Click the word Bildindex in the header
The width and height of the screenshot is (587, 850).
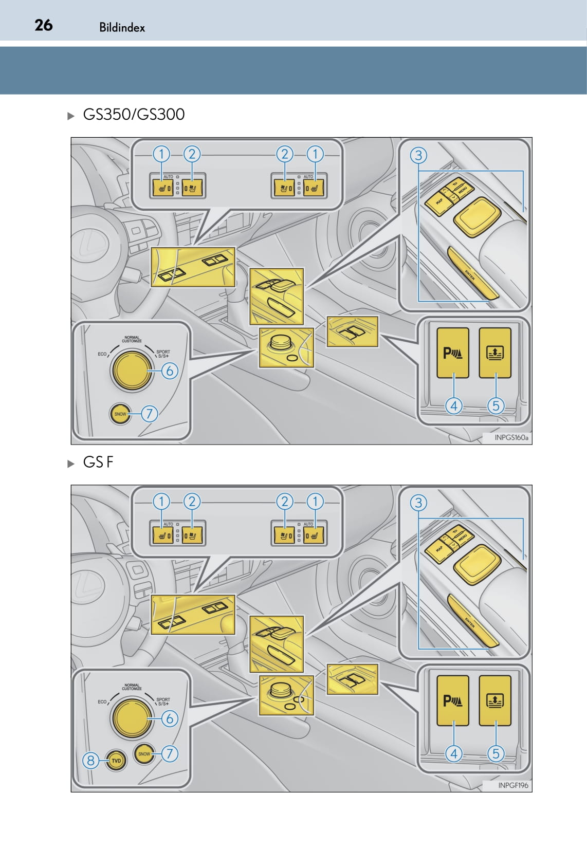tap(122, 28)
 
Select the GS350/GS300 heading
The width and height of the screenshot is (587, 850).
tap(134, 114)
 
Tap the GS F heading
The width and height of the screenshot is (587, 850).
tap(98, 462)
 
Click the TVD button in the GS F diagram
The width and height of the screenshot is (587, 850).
tap(116, 761)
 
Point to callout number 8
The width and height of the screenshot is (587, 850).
tap(90, 760)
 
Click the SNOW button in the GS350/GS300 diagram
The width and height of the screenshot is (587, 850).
tap(120, 414)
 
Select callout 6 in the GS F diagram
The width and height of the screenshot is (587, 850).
tap(170, 718)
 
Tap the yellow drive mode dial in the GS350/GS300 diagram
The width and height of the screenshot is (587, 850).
tap(132, 370)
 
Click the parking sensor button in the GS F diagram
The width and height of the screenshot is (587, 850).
tap(453, 700)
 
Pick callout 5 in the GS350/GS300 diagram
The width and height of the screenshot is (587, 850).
tap(496, 405)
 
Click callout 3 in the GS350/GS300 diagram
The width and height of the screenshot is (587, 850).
tap(418, 155)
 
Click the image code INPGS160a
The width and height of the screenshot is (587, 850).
tap(511, 437)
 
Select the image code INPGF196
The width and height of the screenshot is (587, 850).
tap(513, 785)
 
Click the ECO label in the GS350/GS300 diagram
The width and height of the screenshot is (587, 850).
tap(102, 354)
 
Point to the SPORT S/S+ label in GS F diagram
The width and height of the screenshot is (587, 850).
tap(163, 701)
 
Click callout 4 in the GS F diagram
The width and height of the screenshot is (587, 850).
tap(453, 753)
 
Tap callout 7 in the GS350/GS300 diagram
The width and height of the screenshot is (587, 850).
tap(149, 413)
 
